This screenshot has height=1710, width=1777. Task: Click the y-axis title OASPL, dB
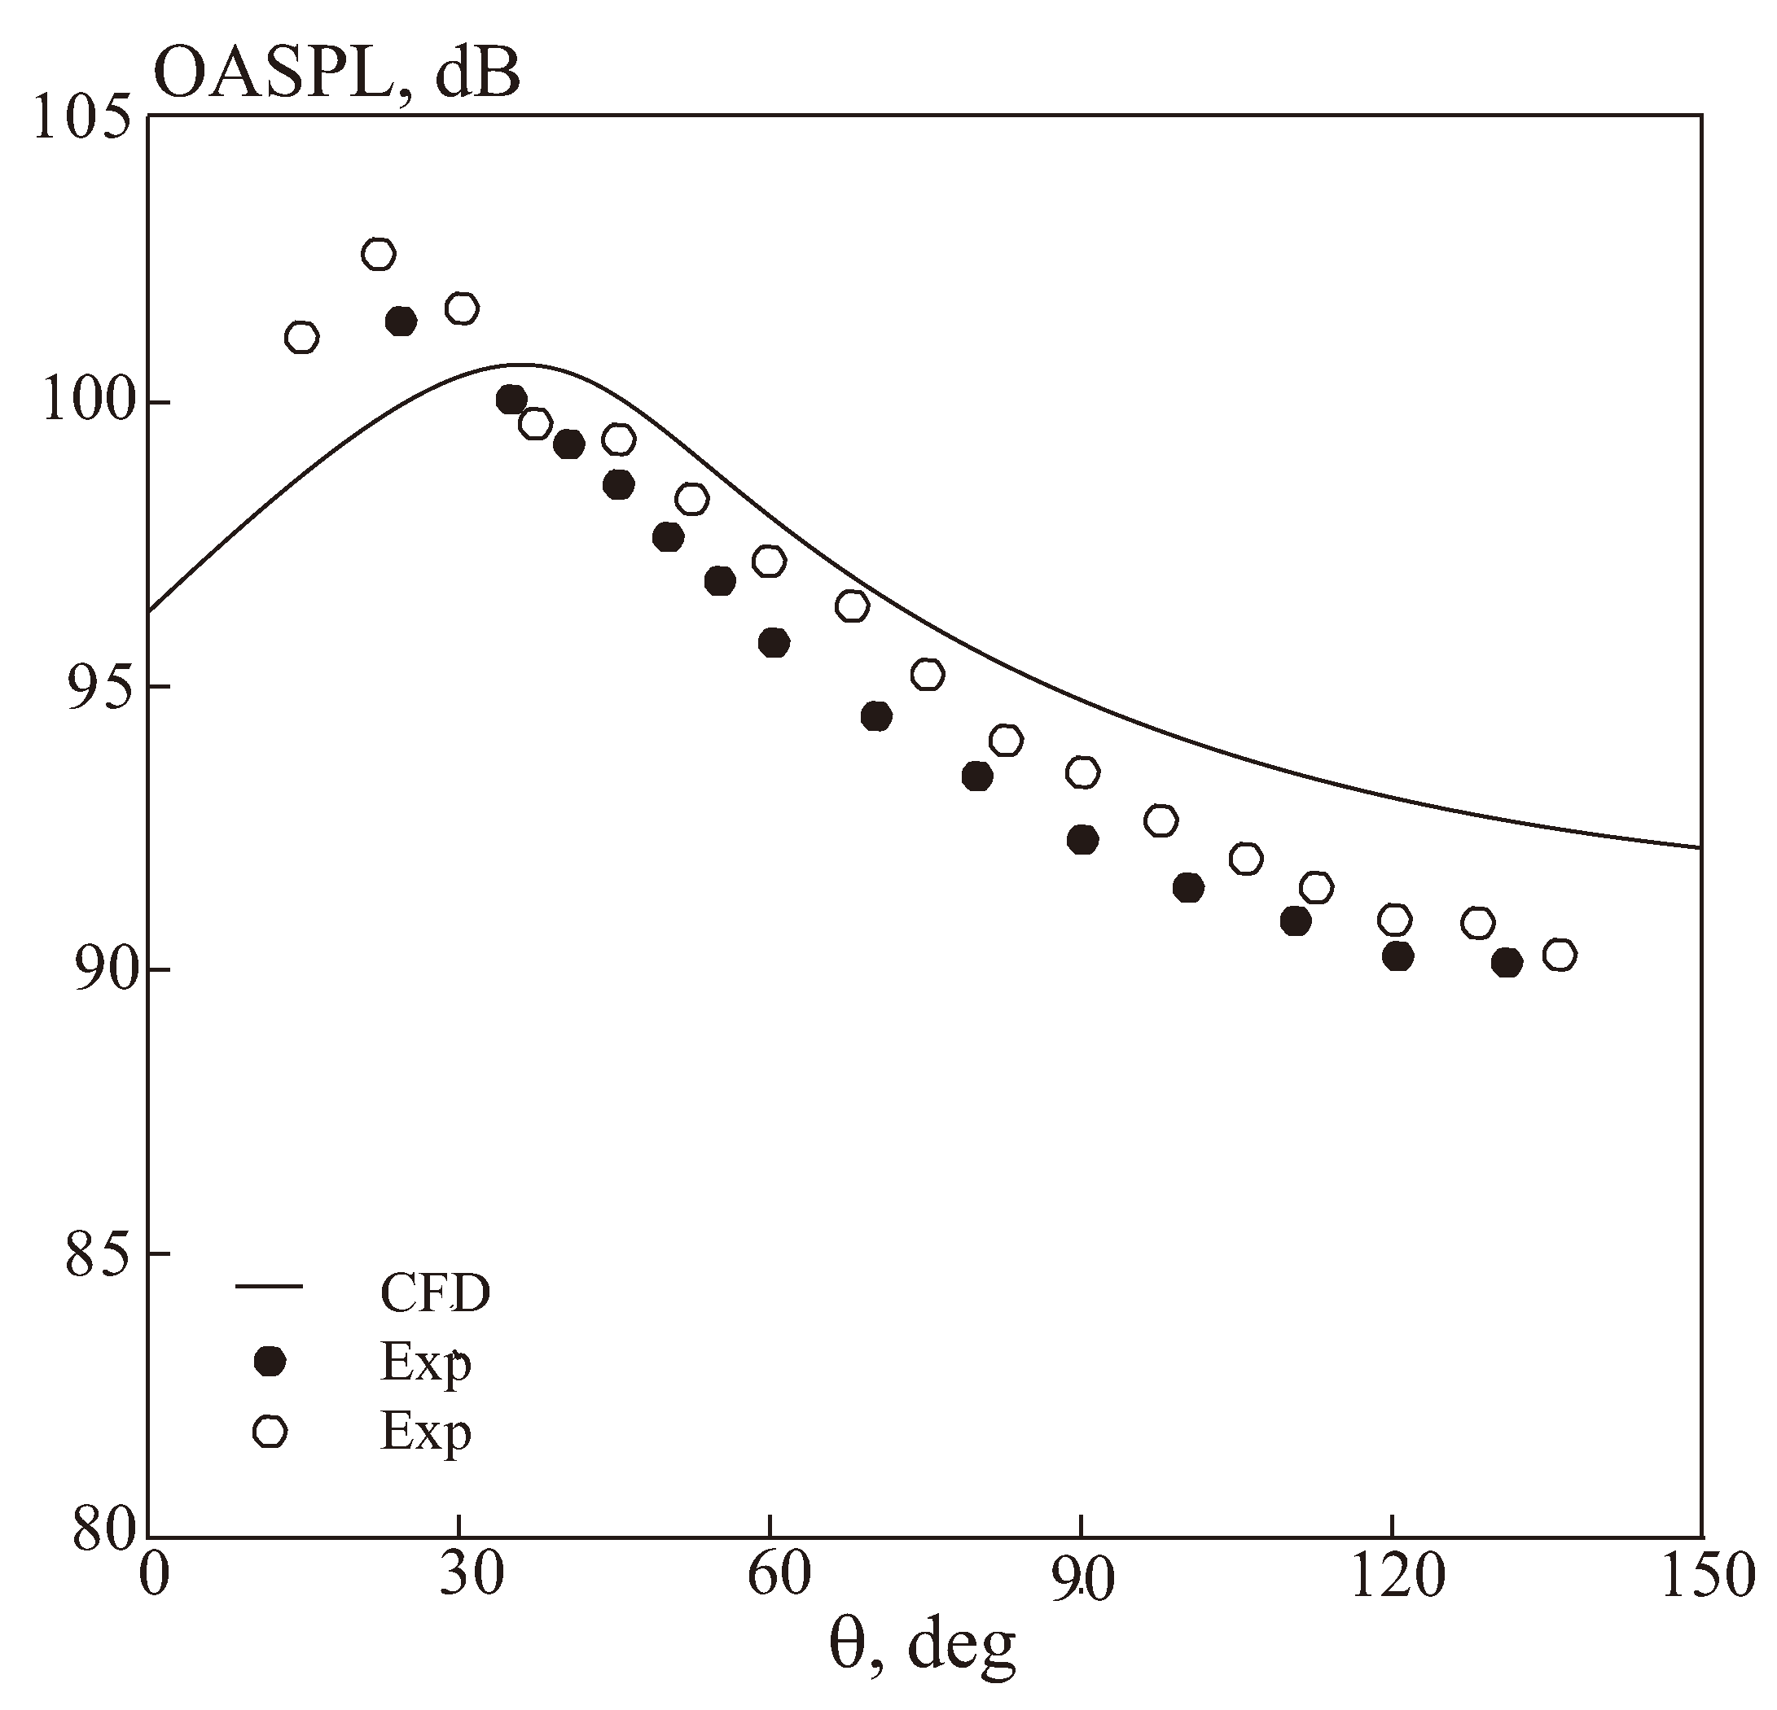pos(337,72)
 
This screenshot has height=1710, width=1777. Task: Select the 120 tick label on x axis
pos(1392,1576)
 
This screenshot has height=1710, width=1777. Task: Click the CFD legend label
pos(434,1293)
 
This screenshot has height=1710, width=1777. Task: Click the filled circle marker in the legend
pos(270,1361)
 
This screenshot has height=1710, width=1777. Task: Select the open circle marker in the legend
pos(270,1431)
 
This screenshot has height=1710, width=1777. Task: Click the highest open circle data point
pos(378,255)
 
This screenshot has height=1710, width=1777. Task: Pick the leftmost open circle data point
pos(301,338)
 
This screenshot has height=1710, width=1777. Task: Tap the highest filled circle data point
pos(401,321)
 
